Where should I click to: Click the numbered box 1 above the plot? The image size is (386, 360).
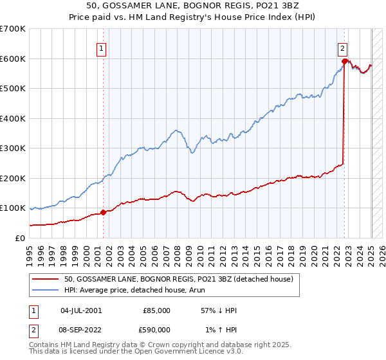(x=102, y=48)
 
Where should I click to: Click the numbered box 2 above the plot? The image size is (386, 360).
(x=343, y=48)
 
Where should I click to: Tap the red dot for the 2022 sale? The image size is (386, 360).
(x=345, y=62)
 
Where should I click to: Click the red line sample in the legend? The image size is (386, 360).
(x=46, y=279)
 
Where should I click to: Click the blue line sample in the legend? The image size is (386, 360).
(x=46, y=290)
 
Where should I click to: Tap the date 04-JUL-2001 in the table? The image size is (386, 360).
(x=81, y=310)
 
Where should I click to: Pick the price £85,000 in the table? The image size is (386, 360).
(x=156, y=310)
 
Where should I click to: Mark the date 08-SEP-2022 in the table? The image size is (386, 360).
(x=81, y=329)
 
